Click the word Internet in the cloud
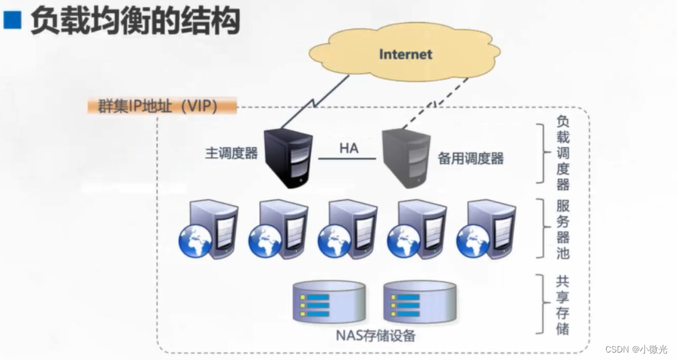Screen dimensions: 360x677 click(x=405, y=54)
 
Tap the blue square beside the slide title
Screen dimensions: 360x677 click(x=12, y=21)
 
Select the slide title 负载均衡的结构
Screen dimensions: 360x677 click(x=135, y=21)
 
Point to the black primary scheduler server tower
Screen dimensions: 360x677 click(x=287, y=157)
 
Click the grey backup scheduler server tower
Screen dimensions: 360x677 click(x=405, y=157)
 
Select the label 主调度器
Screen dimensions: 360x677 click(x=231, y=153)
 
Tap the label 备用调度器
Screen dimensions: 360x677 click(x=470, y=158)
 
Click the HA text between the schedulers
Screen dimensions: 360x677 click(x=349, y=148)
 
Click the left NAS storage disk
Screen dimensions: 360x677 click(x=328, y=301)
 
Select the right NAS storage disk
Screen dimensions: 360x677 click(x=419, y=301)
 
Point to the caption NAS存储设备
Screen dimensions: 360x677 click(x=376, y=337)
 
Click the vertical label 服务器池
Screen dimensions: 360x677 click(x=562, y=229)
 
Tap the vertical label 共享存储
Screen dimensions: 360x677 click(x=562, y=305)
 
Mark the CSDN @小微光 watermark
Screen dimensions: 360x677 click(x=636, y=349)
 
